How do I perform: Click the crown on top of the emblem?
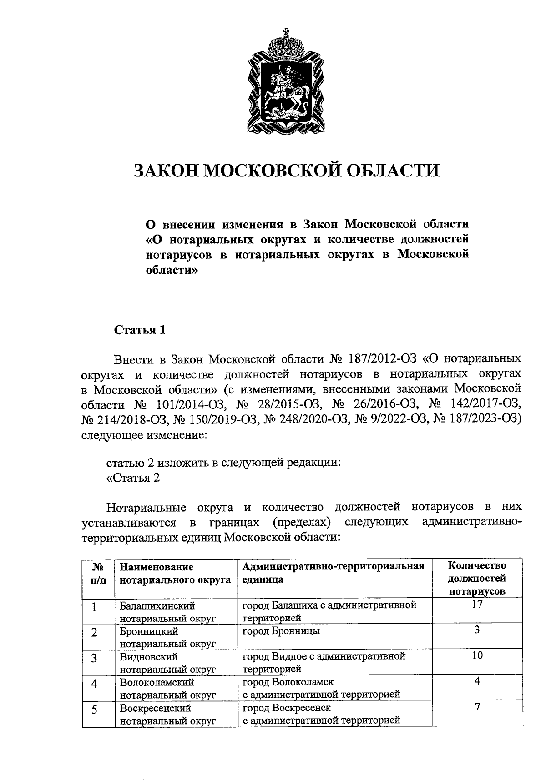click(286, 45)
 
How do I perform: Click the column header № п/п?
click(98, 573)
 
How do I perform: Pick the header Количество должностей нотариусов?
click(477, 578)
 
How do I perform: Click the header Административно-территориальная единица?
click(333, 573)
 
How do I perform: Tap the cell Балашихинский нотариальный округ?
click(167, 612)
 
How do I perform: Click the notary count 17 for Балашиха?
click(477, 605)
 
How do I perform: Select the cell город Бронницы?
click(281, 631)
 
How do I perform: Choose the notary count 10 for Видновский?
click(477, 655)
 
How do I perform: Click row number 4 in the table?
click(95, 684)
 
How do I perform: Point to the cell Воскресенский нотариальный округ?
click(167, 714)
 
